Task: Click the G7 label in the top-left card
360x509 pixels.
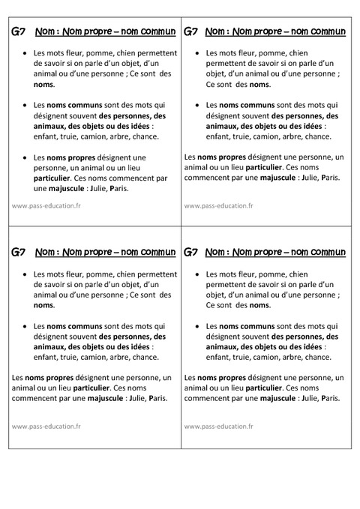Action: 20,32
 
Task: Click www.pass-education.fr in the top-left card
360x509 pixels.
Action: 46,205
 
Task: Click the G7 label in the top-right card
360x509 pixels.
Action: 191,32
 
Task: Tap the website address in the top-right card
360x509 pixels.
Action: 218,205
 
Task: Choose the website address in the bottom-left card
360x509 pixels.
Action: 46,427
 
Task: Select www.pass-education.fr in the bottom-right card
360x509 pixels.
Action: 218,427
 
